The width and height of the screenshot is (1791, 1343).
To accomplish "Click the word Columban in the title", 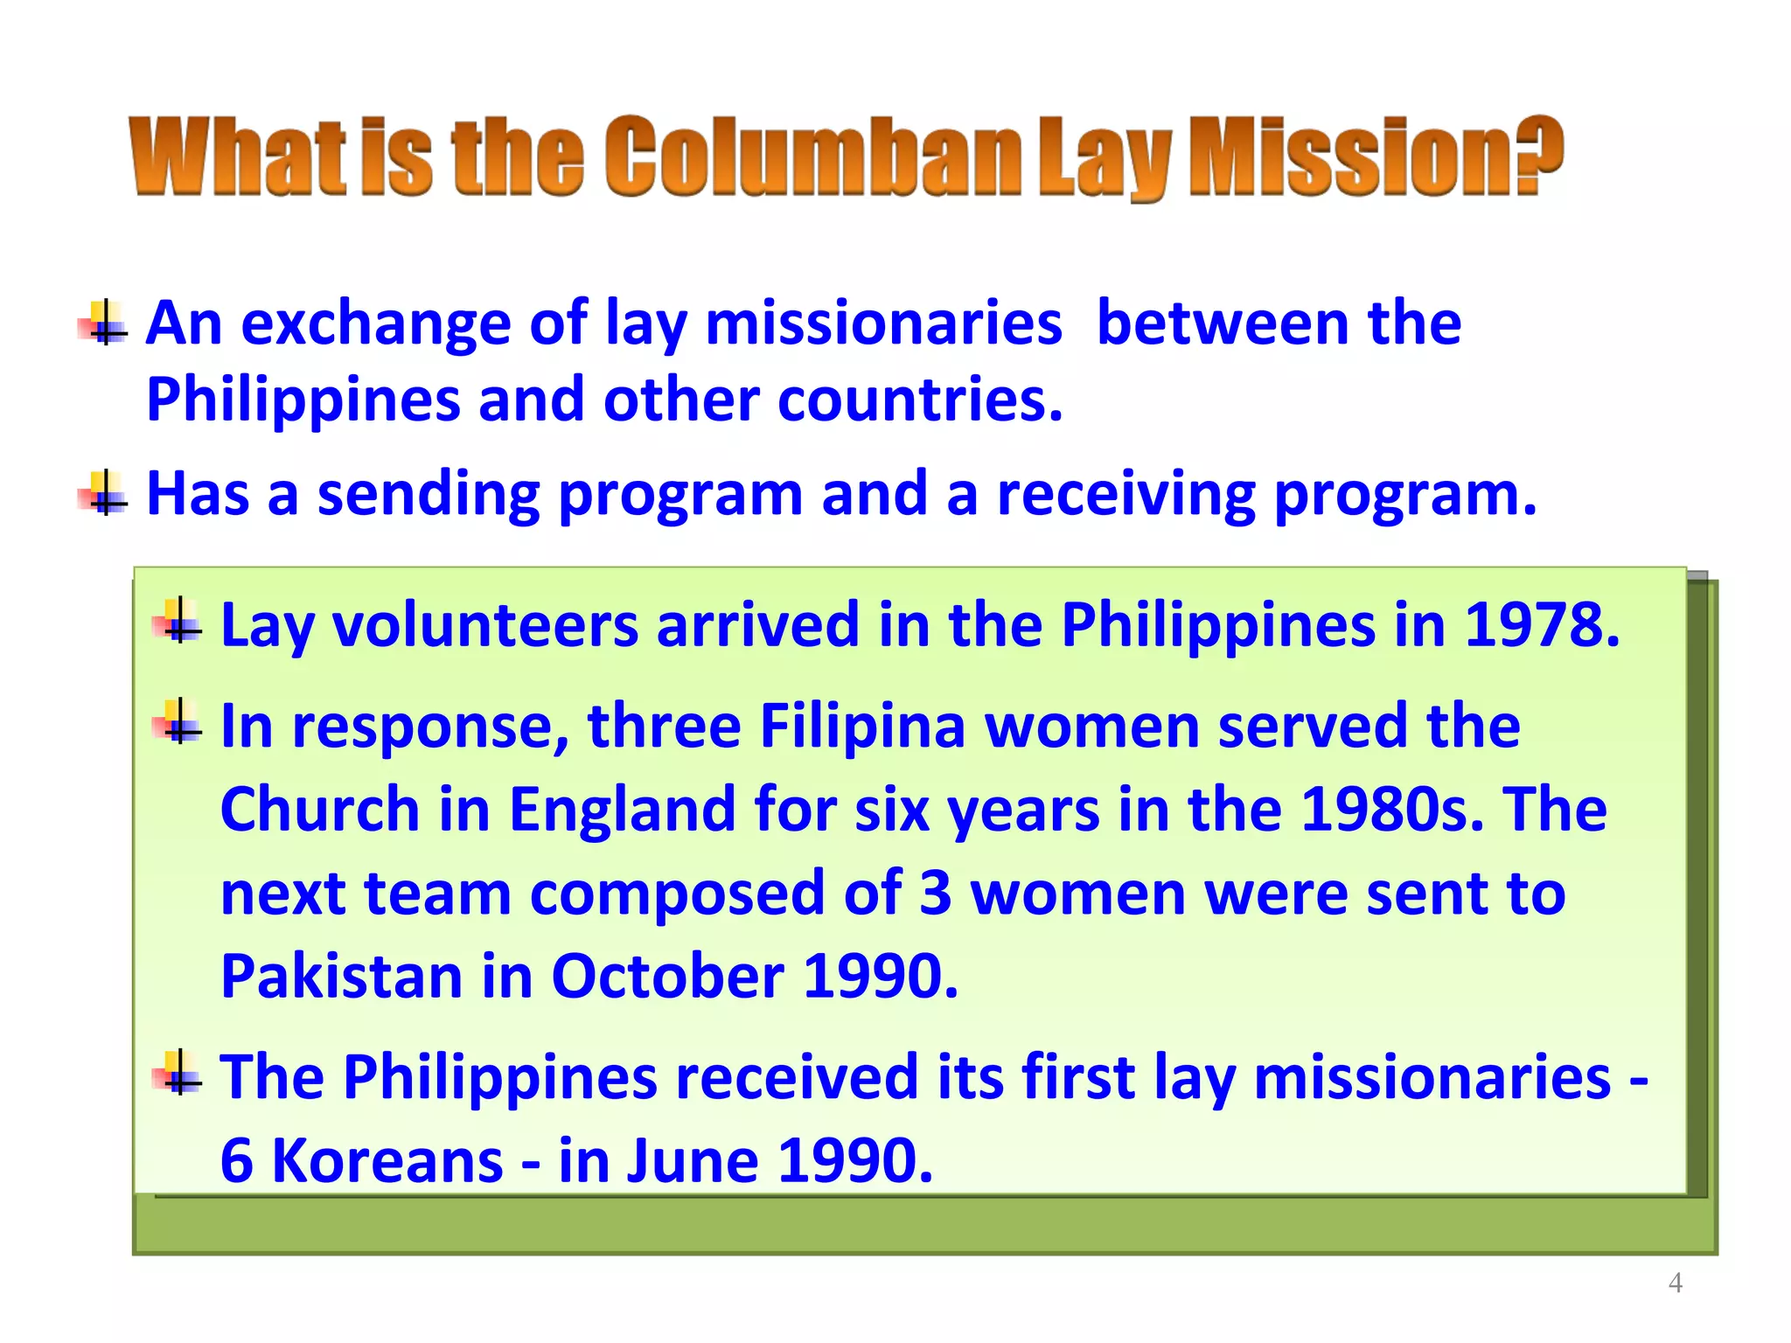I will [x=812, y=157].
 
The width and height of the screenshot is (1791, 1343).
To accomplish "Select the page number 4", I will [x=1675, y=1283].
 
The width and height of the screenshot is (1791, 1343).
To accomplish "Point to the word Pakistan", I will [x=341, y=976].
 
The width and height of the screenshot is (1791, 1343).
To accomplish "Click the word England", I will [x=622, y=809].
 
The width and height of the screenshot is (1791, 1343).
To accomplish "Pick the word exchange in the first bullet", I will [x=376, y=324].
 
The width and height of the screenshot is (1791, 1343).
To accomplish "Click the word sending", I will [x=429, y=495].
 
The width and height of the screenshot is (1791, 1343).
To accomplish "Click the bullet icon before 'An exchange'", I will [x=104, y=324].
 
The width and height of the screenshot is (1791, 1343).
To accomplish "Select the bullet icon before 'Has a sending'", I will [x=104, y=493].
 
